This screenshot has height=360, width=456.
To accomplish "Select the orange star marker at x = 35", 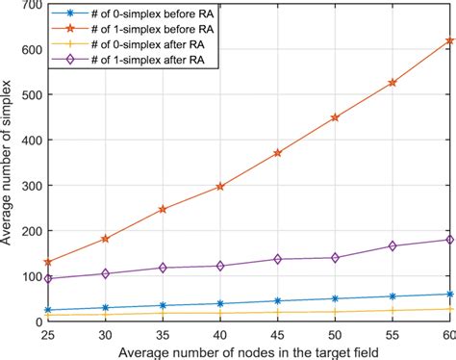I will coord(163,209).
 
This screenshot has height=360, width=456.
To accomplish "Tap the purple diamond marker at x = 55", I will coord(392,246).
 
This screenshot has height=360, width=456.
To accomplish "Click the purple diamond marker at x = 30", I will coord(106,273).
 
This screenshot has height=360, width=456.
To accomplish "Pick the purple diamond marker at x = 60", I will coord(448,240).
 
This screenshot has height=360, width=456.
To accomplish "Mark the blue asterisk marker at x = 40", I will coord(220,303).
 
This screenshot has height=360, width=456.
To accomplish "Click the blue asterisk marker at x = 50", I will coord(335,298).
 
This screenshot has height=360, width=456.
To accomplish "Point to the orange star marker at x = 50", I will coord(335,117).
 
